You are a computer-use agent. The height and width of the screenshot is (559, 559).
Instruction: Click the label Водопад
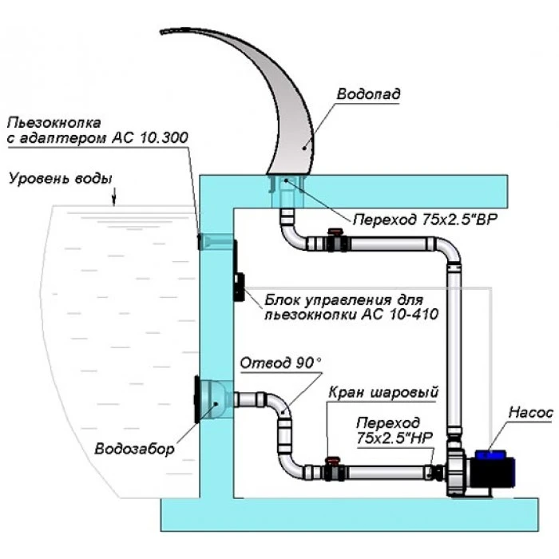point(368,94)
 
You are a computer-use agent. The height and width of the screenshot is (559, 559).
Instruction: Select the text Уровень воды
point(61,178)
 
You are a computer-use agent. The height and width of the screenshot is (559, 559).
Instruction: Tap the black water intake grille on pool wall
point(196,399)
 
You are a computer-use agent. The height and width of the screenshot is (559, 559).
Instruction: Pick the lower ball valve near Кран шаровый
point(334,469)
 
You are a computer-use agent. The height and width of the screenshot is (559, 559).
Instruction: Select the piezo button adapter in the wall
point(214,241)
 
